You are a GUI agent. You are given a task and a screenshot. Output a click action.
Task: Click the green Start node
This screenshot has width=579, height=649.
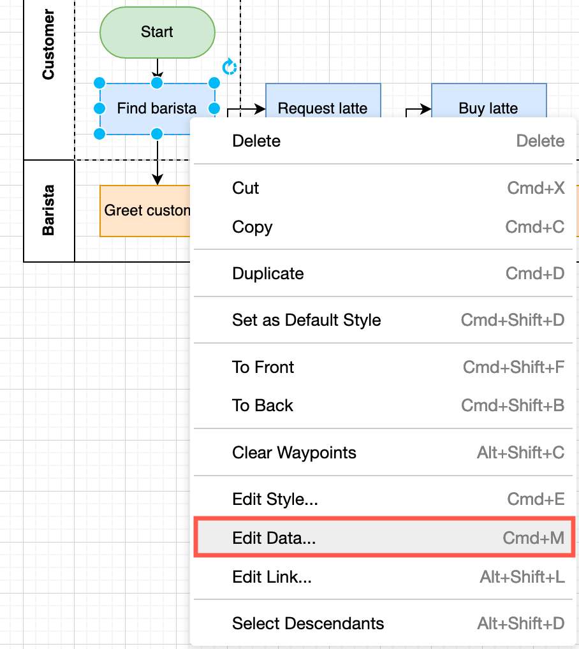click(x=157, y=32)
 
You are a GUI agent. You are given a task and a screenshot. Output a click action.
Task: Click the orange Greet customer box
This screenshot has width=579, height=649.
click(x=143, y=211)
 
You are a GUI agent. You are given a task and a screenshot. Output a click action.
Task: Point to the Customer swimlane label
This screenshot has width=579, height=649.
click(x=48, y=45)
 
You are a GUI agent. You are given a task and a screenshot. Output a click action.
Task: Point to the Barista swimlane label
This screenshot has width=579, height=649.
click(x=48, y=210)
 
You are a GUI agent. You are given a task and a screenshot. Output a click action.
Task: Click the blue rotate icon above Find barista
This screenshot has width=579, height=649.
click(x=229, y=67)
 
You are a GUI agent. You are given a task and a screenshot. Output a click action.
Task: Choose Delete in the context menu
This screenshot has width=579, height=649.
click(x=256, y=141)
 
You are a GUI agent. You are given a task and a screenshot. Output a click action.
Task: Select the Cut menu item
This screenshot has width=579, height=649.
click(x=246, y=188)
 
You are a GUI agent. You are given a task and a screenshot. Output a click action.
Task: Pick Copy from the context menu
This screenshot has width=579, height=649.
click(x=252, y=227)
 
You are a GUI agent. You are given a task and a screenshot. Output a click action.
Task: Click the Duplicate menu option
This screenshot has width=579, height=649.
click(x=268, y=273)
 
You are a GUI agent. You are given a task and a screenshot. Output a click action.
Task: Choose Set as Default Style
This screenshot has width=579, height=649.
click(x=306, y=320)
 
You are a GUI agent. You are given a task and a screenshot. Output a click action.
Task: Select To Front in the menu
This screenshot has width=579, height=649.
click(x=263, y=367)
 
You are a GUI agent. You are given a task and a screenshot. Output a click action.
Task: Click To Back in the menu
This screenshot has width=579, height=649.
click(x=262, y=405)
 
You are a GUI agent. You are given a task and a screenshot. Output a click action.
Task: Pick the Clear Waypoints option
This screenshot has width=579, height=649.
click(x=294, y=453)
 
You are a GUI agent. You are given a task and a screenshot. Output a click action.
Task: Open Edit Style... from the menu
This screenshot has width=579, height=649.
click(x=275, y=499)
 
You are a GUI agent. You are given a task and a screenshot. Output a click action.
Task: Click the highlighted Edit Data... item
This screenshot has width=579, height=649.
click(x=274, y=538)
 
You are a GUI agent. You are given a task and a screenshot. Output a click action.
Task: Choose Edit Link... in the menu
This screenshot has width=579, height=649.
click(x=272, y=577)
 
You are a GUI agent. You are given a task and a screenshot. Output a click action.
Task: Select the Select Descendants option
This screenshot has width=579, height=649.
click(x=308, y=623)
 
